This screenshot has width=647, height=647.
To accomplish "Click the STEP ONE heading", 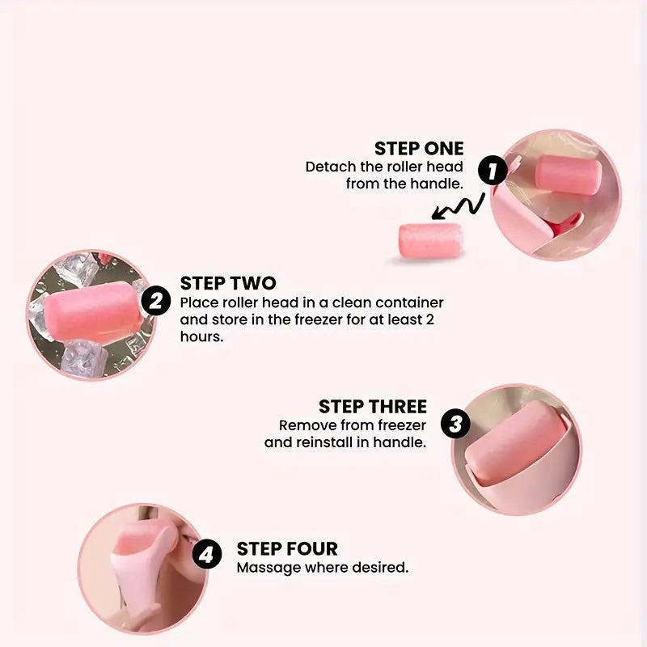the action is click(x=419, y=149).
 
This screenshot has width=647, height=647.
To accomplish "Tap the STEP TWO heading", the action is click(x=228, y=284).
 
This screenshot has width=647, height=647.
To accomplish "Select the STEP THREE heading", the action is click(x=373, y=407).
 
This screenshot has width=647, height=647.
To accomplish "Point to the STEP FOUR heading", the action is click(x=287, y=549).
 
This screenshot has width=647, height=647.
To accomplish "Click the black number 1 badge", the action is click(x=493, y=171).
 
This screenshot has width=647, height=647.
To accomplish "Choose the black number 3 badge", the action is click(x=455, y=424).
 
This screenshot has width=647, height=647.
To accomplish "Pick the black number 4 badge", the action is click(x=207, y=554).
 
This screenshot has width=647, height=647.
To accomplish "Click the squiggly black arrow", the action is click(x=458, y=206).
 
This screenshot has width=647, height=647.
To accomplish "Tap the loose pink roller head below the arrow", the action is click(x=430, y=240).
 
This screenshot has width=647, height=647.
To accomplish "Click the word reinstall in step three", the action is click(x=325, y=442).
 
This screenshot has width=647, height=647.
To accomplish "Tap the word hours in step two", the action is click(x=201, y=336).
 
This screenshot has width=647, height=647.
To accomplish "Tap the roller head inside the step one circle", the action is click(x=569, y=175).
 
